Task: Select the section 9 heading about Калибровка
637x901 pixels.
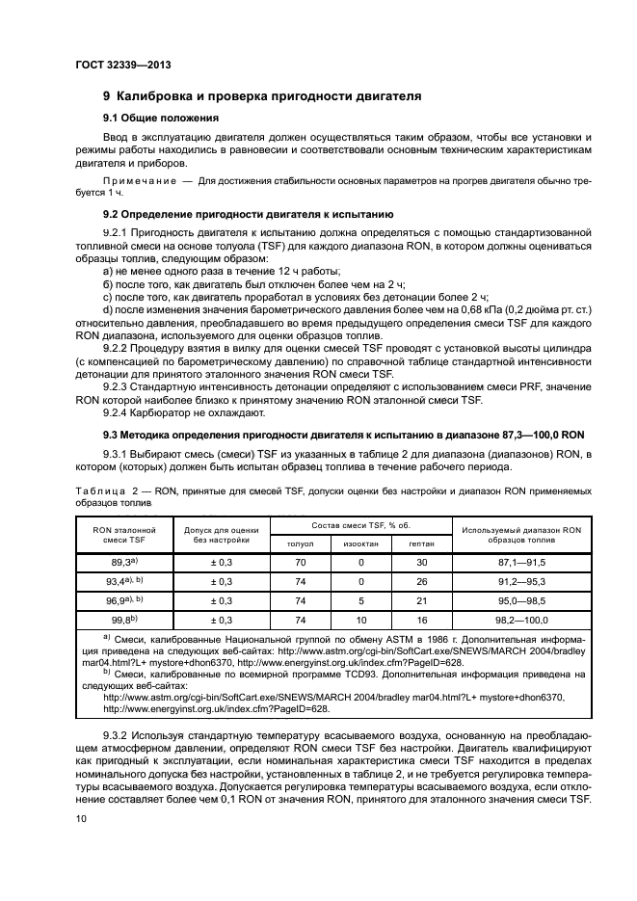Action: (262, 96)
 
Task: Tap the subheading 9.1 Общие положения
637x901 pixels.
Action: (161, 119)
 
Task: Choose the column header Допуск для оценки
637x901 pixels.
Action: (220, 535)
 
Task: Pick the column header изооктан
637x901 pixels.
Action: (361, 543)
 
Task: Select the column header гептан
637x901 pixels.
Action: (421, 543)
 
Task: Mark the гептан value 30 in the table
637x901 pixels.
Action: (421, 561)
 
